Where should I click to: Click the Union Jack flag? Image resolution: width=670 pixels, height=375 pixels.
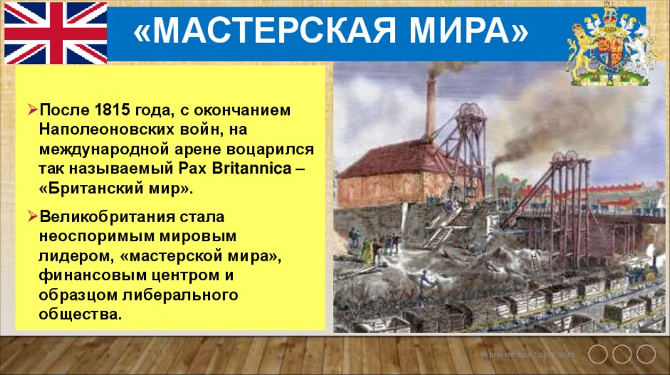[56, 32]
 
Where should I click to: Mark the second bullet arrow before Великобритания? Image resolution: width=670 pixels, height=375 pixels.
[31, 216]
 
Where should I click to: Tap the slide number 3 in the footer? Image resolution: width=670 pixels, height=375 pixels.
[48, 354]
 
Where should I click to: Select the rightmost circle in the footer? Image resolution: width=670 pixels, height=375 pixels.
[646, 354]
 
